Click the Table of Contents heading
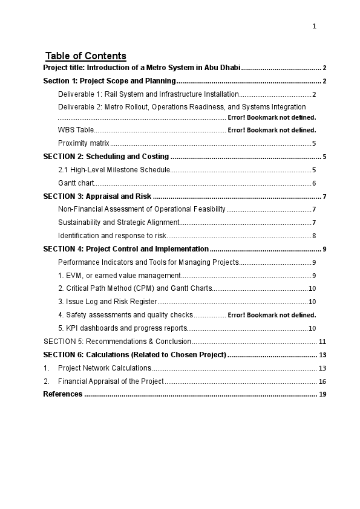pos(86,56)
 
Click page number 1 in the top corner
pos(315,26)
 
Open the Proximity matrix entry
pos(83,143)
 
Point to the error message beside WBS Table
pos(272,130)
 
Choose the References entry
pos(63,394)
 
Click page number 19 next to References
pos(322,395)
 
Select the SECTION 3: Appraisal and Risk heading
pos(97,196)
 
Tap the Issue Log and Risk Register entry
pos(108,302)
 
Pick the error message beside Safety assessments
pos(272,315)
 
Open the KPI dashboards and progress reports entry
pos(122,328)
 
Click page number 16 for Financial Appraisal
pos(322,381)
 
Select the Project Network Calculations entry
pos(105,368)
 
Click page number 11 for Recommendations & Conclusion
pos(322,342)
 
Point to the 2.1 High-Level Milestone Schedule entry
pos(114,170)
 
